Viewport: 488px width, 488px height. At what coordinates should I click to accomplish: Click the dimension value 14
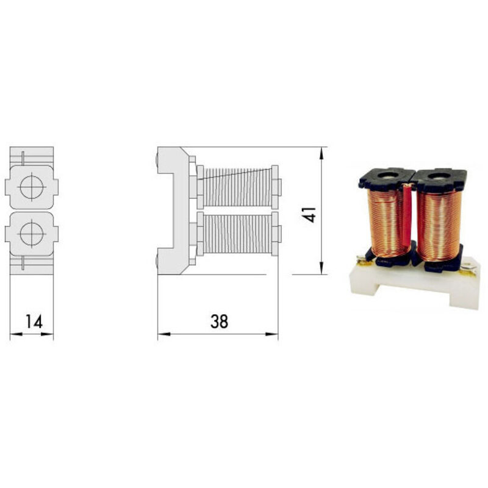coord(34,321)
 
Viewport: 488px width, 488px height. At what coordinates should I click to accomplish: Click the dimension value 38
coord(219,321)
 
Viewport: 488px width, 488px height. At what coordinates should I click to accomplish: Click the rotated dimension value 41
coord(309,215)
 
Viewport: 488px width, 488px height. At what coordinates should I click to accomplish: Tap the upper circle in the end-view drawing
coord(32,187)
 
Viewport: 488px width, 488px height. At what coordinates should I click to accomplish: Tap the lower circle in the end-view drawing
coord(32,234)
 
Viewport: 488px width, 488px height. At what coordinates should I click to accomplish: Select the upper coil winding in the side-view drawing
coord(237,187)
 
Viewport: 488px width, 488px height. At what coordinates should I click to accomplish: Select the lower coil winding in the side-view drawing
coord(237,234)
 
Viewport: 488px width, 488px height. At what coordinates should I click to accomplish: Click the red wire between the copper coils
coord(406,218)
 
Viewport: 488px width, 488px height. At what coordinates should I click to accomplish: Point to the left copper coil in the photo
coord(386,223)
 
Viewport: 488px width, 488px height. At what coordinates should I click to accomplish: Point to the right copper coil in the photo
coord(439,226)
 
